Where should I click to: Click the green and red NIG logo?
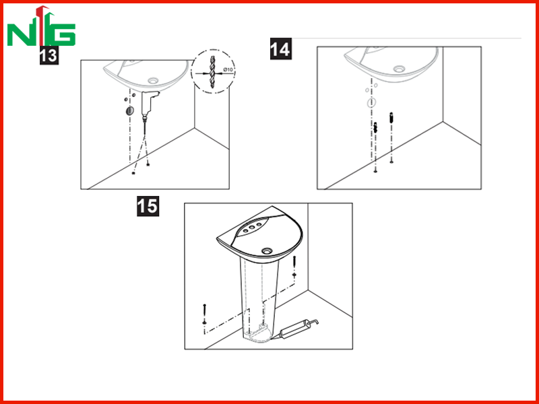tap(41, 26)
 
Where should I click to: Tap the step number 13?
tap(49, 55)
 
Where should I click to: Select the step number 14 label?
tap(281, 48)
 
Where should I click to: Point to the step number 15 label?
tap(148, 206)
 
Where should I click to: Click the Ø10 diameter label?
tap(228, 70)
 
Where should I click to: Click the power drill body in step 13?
tap(149, 102)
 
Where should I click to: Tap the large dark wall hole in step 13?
tap(129, 110)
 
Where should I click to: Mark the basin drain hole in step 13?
tap(153, 81)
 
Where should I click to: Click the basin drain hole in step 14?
tap(399, 69)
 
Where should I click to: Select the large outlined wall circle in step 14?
tap(371, 102)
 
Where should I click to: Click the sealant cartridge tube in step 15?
tap(292, 329)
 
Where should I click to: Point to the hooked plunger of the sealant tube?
tap(312, 323)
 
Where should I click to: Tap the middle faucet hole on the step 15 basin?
tap(252, 227)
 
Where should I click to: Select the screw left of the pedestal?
tap(205, 314)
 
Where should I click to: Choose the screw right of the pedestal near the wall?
tap(294, 266)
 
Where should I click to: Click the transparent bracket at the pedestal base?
tap(255, 331)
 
